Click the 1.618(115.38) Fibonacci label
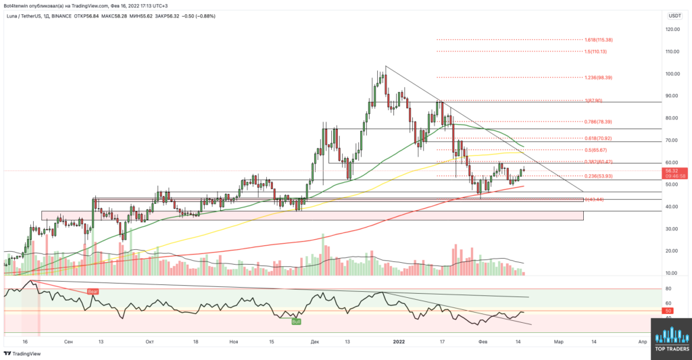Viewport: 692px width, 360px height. coord(598,40)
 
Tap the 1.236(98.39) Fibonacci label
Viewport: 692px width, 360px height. coord(598,78)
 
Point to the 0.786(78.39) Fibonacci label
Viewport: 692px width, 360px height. coord(598,122)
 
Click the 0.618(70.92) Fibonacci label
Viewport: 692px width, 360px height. coord(598,138)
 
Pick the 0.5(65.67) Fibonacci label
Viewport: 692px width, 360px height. coord(596,150)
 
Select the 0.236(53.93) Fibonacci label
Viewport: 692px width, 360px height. coord(598,177)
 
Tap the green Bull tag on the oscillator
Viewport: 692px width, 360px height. coord(296,322)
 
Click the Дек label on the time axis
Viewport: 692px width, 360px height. coord(316,342)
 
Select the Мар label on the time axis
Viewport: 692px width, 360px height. coord(558,342)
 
